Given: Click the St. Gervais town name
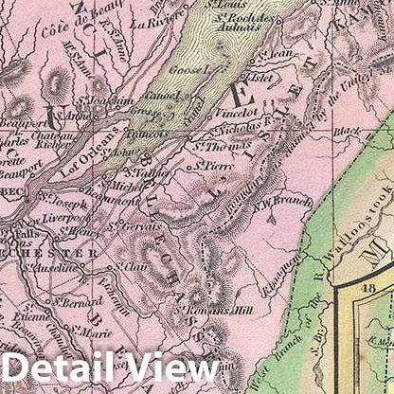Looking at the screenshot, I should click(135, 225).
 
